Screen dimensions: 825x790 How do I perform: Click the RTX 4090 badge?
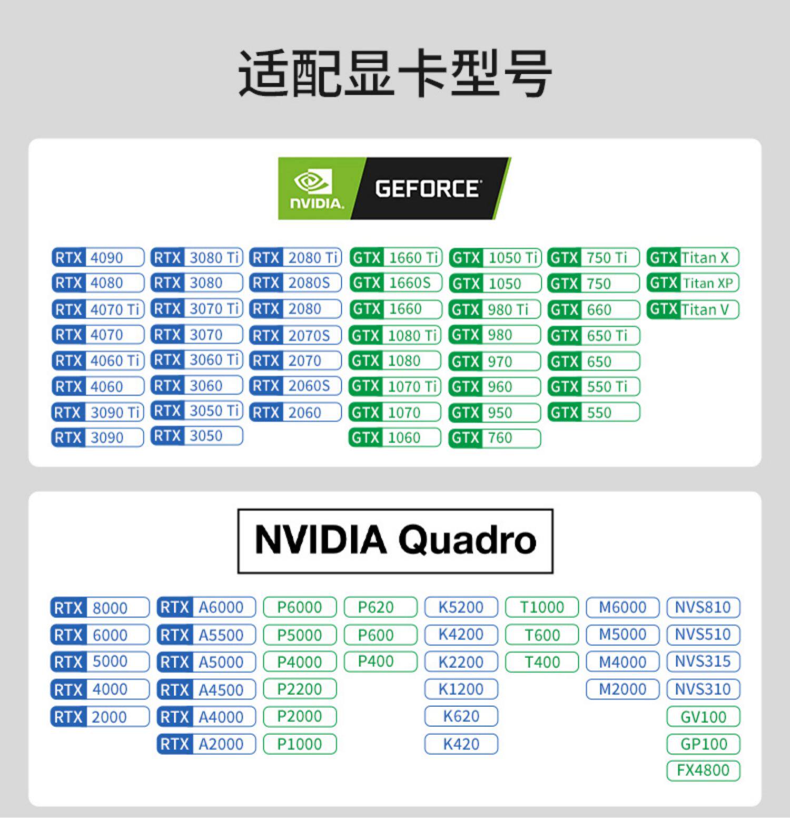click(x=98, y=258)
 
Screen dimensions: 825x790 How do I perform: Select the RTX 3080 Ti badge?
click(x=196, y=258)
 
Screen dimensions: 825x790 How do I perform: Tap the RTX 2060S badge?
click(x=295, y=386)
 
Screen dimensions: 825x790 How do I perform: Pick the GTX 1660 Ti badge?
click(x=396, y=258)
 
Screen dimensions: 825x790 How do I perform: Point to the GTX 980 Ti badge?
click(x=495, y=309)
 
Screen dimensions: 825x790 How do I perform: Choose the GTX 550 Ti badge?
click(x=594, y=386)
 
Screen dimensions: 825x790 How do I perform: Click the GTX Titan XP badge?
click(x=693, y=283)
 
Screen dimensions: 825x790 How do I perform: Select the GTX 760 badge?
click(x=495, y=438)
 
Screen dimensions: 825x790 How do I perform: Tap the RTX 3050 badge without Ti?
click(x=196, y=436)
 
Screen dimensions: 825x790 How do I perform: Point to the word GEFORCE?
click(x=427, y=189)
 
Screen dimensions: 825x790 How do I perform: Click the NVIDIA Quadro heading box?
click(x=395, y=541)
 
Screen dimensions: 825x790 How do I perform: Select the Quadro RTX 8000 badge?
click(x=100, y=608)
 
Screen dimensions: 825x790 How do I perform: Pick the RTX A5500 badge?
click(x=206, y=635)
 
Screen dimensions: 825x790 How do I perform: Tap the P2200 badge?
click(x=300, y=689)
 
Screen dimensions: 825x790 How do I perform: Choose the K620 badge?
click(x=461, y=716)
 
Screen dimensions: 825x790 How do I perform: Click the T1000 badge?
click(x=542, y=607)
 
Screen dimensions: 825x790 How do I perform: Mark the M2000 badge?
click(x=623, y=689)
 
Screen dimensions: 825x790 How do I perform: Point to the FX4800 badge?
click(x=703, y=770)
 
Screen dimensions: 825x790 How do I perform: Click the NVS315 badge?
click(x=703, y=662)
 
